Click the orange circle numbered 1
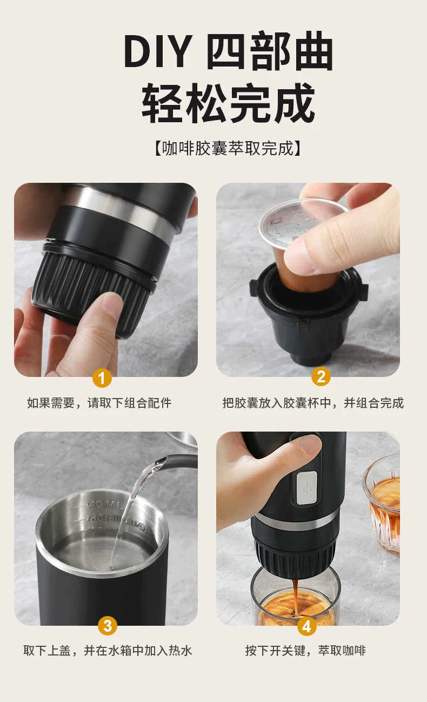point(102,378)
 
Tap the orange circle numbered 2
point(321,376)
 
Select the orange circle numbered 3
point(108,626)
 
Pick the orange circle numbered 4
point(306,626)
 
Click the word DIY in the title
point(158,51)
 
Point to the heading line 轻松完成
point(229,102)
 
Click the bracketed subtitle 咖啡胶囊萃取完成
point(228,148)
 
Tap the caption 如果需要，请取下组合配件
point(99,403)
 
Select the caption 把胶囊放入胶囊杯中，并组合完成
point(313,403)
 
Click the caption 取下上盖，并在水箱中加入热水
point(108,651)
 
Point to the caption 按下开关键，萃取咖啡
point(305,651)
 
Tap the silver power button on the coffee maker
point(306,488)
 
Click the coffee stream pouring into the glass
point(295,597)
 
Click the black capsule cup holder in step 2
point(309,313)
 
